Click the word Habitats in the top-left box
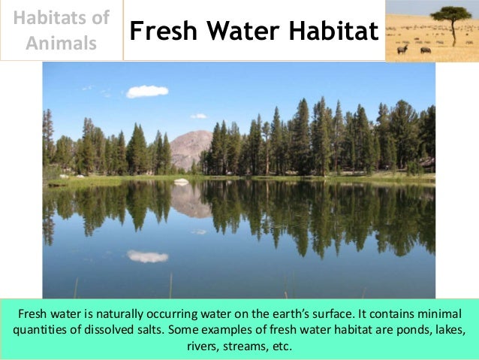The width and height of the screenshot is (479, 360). (62, 17)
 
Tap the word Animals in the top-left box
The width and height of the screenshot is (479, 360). (62, 43)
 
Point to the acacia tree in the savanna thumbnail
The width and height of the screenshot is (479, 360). (451, 17)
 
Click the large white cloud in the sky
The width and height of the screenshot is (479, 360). (147, 91)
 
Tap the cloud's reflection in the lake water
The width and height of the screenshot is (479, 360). (147, 256)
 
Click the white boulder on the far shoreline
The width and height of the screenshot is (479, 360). (181, 181)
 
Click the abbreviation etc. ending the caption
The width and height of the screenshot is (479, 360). (282, 346)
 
